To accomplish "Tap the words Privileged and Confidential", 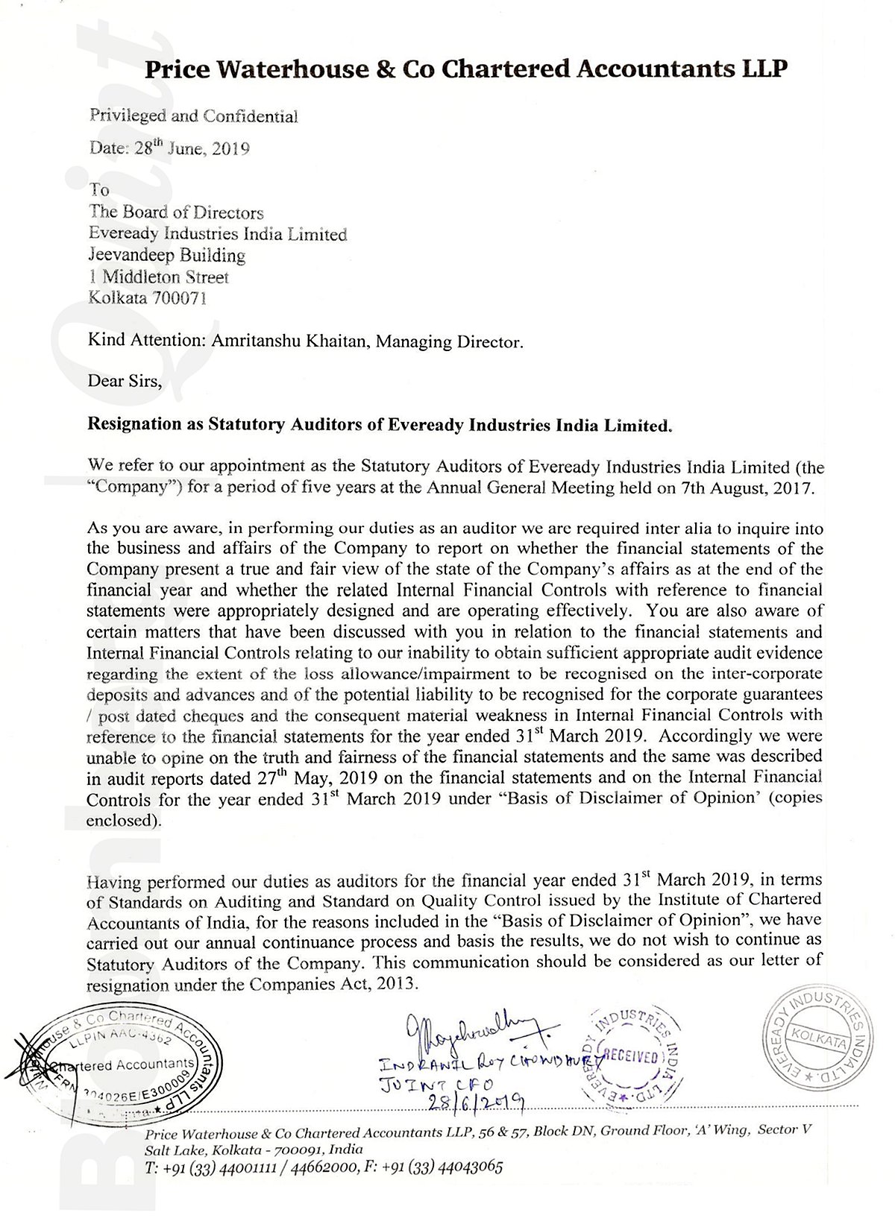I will (x=193, y=116).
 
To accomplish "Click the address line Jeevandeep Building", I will (x=167, y=256).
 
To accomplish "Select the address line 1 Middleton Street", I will (x=159, y=277).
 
